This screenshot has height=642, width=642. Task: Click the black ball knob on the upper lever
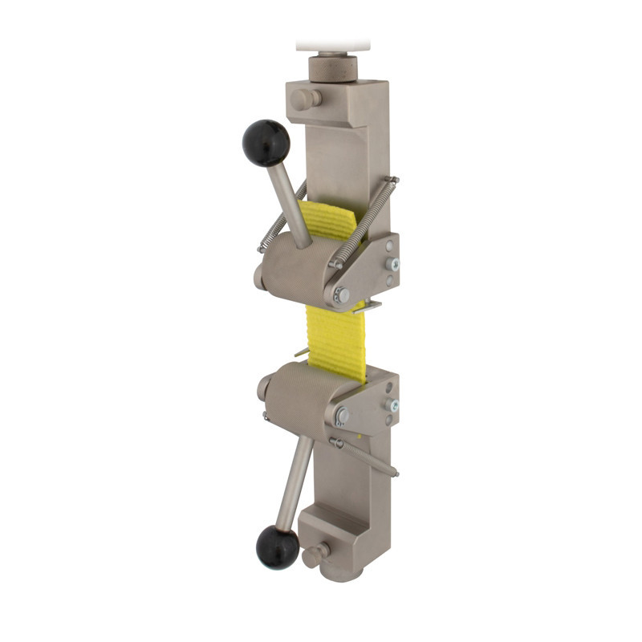pos(266,142)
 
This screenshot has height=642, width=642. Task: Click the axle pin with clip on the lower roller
pos(342,416)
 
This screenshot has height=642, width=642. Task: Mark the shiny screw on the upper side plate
pos(392,264)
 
